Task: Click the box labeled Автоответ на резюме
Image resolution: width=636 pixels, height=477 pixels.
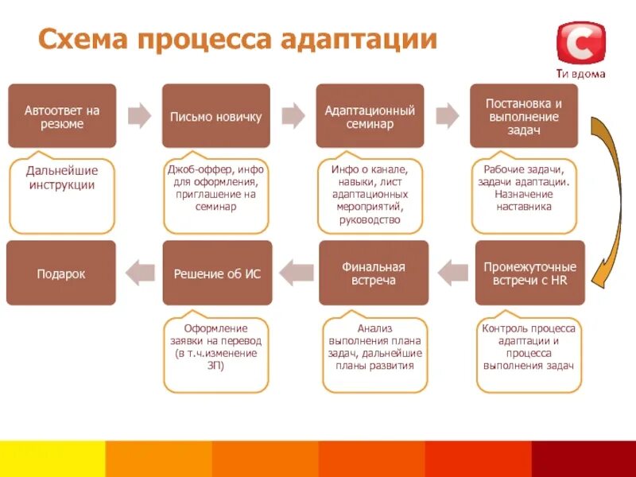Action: coord(62,116)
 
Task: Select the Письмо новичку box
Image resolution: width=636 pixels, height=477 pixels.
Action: coord(216,116)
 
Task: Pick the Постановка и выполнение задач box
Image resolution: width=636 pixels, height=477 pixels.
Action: coord(523,116)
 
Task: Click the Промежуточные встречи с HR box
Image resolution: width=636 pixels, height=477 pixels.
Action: coord(530,273)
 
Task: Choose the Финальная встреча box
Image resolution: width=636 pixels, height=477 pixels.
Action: coord(374,273)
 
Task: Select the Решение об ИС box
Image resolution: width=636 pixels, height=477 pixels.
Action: coord(217,273)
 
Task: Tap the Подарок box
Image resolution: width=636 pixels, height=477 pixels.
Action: coord(61,273)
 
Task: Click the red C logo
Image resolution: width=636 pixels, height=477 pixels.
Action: coord(580,43)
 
